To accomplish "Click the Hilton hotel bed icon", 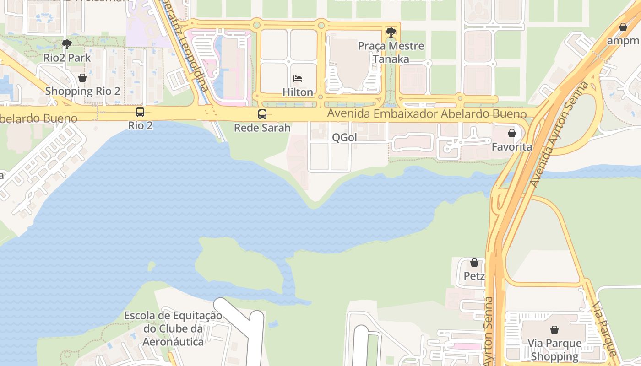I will click(298, 79).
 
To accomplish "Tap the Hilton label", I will click(298, 92).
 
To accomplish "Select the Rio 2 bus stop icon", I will click(140, 112).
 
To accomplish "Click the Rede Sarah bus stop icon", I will click(262, 114).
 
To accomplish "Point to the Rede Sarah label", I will click(262, 127).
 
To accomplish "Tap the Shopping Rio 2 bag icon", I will click(82, 78).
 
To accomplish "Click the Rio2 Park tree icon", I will click(67, 44).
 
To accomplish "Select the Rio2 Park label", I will click(67, 58).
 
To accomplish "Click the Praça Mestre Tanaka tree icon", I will click(391, 32).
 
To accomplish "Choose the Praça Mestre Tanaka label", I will click(391, 53).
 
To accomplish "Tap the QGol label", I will click(344, 137).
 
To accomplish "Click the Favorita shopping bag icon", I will click(512, 133).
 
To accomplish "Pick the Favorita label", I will click(512, 147).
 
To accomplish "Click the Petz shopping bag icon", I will click(474, 263).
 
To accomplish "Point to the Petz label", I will click(474, 276).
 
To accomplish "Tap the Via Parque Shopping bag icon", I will click(554, 329).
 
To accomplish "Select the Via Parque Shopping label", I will click(554, 350).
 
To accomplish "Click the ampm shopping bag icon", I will click(623, 27).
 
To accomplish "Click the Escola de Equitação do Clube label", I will click(173, 328).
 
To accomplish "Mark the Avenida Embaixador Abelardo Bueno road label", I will click(427, 113).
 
